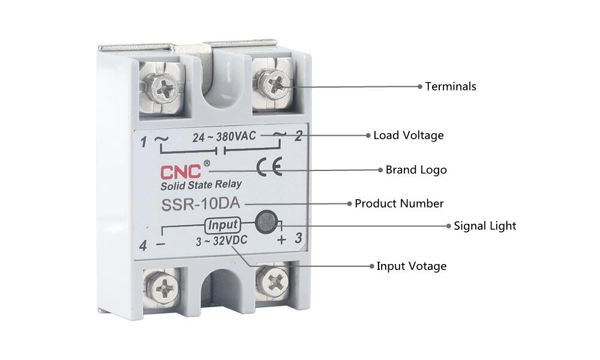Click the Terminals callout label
[x=451, y=86]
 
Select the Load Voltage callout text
[x=408, y=136]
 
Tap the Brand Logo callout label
[x=416, y=170]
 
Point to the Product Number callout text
[x=399, y=203]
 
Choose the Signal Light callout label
[x=485, y=226]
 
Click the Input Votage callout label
[x=412, y=266]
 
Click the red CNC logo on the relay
[x=180, y=172]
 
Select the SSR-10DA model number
[x=200, y=204]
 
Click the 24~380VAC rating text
[x=224, y=137]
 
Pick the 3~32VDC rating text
[x=221, y=241]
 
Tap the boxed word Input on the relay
[x=223, y=225]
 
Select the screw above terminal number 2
[x=272, y=83]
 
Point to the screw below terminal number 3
[x=273, y=283]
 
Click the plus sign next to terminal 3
[x=281, y=240]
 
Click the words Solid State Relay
[x=201, y=185]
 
